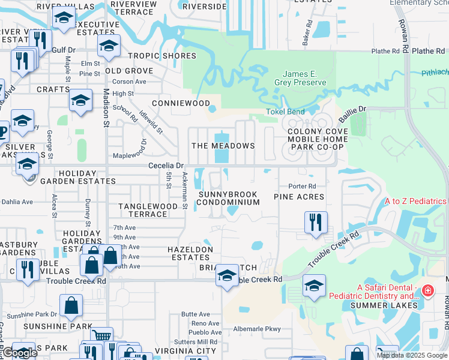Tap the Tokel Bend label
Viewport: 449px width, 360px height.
click(285, 112)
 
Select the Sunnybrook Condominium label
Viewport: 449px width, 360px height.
click(229, 198)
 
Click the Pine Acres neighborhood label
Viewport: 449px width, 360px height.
click(299, 197)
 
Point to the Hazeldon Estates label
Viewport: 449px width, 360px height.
click(190, 253)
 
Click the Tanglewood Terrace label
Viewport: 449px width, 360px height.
click(148, 210)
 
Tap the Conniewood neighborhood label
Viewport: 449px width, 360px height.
click(181, 103)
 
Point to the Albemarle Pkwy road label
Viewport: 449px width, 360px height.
click(256, 329)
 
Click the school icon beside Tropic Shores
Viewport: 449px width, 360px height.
click(109, 46)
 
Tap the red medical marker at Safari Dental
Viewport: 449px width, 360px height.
click(427, 292)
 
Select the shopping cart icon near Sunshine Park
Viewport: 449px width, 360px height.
click(101, 336)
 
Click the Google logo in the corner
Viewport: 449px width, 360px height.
click(19, 353)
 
